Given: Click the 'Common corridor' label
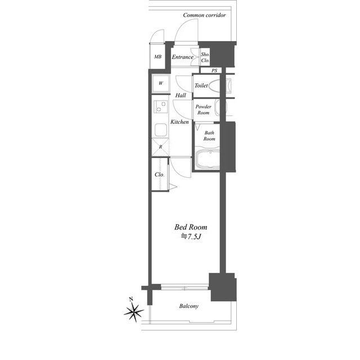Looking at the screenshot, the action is (204, 15).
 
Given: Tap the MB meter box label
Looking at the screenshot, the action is (157, 56).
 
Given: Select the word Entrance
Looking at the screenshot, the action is (182, 57).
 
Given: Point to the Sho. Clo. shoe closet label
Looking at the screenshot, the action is (205, 57).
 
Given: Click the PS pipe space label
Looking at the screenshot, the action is (214, 70).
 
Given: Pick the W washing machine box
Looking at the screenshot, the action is (161, 83).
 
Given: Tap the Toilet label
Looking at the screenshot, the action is (201, 85).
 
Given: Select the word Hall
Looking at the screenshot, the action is (181, 95).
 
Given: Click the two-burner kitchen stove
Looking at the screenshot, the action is (160, 106).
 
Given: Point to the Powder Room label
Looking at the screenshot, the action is (204, 110).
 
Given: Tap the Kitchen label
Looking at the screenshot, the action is (179, 121).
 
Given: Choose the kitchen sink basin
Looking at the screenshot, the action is (161, 130).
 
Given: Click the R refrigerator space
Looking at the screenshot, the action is (160, 147).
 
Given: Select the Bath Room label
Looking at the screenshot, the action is (209, 136).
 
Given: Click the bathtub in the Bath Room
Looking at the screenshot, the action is (208, 159).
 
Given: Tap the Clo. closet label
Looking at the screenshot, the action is (160, 174).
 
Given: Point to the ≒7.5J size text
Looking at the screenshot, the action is (191, 236).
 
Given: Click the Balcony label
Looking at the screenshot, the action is (189, 306).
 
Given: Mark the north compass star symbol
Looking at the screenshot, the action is (134, 310).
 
